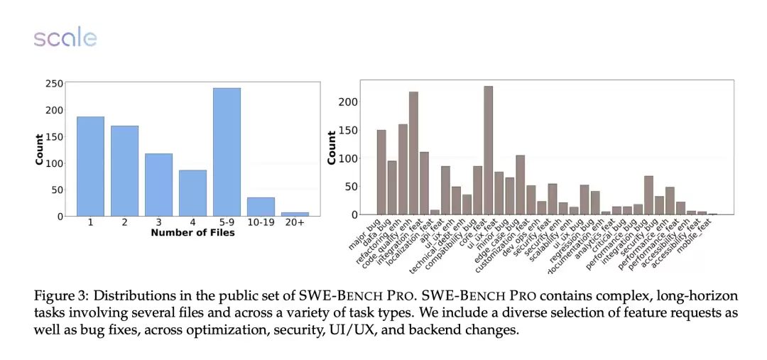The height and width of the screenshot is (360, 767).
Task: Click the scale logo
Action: [65, 38]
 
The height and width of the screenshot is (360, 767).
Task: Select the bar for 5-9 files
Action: [227, 152]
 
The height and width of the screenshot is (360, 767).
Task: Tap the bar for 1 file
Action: [90, 166]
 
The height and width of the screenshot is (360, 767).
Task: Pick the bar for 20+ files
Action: [295, 214]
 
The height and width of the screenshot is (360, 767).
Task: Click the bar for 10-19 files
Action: [261, 207]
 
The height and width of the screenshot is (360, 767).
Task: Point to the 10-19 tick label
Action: [261, 223]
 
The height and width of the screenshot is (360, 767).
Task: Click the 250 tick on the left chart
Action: [54, 84]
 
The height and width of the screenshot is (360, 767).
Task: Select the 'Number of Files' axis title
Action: [192, 233]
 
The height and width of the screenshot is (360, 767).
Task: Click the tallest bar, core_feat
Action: [488, 151]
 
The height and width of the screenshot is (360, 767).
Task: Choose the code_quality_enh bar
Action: [413, 153]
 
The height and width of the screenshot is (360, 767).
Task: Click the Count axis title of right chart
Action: [332, 148]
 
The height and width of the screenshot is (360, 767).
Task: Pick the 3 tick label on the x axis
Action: [158, 223]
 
